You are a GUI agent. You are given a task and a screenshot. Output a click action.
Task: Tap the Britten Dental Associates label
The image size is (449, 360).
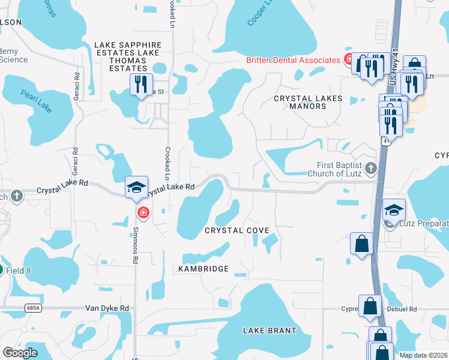coord(294,60)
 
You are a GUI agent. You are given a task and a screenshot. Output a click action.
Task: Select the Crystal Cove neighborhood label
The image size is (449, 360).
coord(237,230)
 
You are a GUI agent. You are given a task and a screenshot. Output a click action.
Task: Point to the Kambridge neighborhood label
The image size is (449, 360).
coord(203,269)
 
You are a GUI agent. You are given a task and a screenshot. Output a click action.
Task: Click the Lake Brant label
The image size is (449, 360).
coord(270,331)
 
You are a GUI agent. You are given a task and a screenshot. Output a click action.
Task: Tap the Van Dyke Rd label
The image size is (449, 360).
coord(107,308)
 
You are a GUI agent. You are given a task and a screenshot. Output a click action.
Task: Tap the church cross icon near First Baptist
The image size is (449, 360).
coord(371,168)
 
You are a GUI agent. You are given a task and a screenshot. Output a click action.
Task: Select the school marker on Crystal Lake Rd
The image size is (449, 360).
coord(136,187)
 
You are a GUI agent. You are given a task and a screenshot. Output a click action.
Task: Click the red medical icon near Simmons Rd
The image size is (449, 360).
coord(143,212)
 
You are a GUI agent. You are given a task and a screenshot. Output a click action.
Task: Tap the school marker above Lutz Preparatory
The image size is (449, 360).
coord(394,210)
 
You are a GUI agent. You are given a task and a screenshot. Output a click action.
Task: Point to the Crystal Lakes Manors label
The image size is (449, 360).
coord(308,102)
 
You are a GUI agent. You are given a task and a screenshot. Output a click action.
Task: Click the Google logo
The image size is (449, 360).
coord(20,353)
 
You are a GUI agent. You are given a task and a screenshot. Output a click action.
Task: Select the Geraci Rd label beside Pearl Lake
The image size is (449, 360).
coord(77,85)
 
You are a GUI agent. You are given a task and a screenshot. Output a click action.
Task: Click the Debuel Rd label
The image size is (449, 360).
coord(403,309)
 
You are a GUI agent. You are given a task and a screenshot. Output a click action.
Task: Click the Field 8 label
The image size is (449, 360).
coord(19,271)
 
